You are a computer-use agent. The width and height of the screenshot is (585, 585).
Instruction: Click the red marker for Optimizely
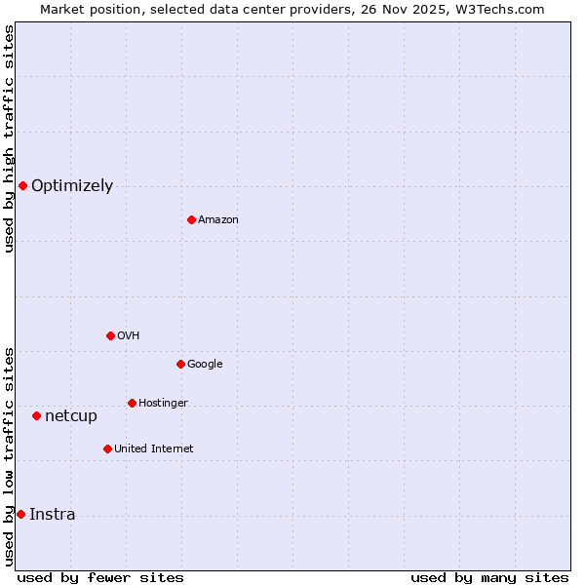click(22, 185)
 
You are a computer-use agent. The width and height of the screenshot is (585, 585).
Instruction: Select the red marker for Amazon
click(191, 219)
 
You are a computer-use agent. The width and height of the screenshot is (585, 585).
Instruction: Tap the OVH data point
click(110, 335)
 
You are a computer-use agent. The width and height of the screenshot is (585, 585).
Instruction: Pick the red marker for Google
click(180, 364)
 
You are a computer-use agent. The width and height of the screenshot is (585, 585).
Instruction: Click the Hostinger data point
click(132, 403)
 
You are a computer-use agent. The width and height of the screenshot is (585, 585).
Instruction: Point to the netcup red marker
click(36, 415)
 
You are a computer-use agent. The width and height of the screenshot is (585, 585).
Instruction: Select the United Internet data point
click(107, 448)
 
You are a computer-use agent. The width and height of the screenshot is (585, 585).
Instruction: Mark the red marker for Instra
click(20, 514)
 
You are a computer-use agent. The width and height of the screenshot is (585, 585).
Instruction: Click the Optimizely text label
click(72, 186)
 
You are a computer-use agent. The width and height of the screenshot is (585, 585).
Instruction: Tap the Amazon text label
click(218, 220)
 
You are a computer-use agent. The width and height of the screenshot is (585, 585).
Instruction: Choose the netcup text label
click(71, 416)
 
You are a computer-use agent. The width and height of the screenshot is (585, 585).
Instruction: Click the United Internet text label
click(154, 449)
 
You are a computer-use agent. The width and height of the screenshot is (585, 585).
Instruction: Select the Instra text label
click(53, 515)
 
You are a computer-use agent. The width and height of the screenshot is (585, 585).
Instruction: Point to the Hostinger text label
click(163, 404)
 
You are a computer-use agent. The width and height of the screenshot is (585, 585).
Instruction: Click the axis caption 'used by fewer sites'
click(100, 577)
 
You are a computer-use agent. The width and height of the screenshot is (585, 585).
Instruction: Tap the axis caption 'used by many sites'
click(489, 577)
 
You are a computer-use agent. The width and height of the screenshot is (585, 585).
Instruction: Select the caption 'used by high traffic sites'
click(9, 138)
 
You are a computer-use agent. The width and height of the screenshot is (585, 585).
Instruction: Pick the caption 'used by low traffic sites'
click(9, 456)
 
